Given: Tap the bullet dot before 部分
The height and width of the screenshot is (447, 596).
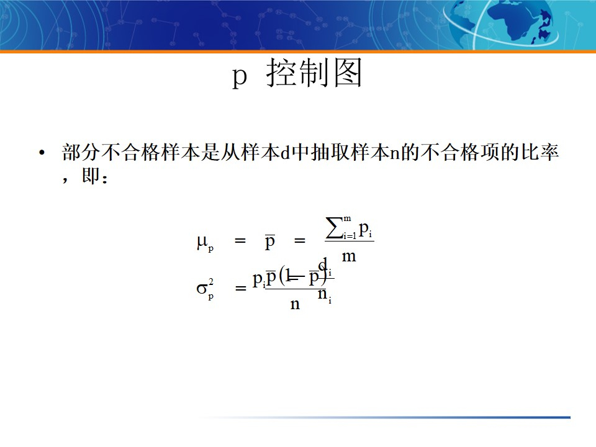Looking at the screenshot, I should [42, 153].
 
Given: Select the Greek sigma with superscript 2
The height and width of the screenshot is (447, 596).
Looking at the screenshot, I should [204, 289].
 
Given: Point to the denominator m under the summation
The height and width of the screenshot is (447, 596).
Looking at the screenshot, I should [349, 256].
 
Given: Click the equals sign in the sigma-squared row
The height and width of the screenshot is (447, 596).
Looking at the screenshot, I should [240, 289].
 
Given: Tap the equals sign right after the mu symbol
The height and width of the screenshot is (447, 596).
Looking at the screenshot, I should [240, 242].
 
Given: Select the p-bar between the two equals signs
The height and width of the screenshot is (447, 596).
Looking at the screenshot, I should [270, 242].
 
